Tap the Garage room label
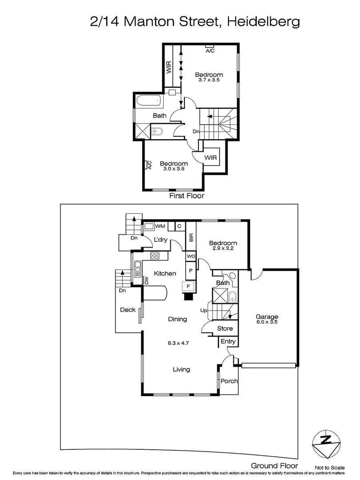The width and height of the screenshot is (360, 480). (267, 317)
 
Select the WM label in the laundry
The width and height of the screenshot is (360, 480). (160, 227)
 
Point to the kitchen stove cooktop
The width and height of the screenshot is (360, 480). (155, 255)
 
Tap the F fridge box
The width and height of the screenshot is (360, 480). (188, 287)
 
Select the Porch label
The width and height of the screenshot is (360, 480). (229, 381)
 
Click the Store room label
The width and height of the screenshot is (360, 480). (225, 329)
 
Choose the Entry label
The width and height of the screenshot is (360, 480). (228, 341)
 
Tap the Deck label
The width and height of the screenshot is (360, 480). (128, 310)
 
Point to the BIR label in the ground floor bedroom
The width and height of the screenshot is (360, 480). (192, 238)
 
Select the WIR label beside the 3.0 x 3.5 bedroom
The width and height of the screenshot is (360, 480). (210, 158)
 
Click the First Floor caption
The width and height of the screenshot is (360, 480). (186, 196)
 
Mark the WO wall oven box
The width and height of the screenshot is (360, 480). (191, 256)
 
